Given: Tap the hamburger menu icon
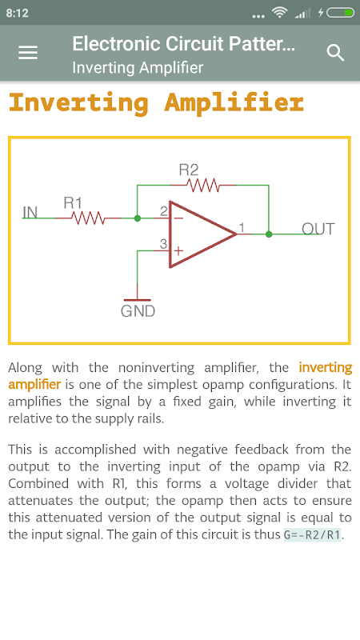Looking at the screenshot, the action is (x=28, y=53).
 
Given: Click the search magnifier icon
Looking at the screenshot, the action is (x=335, y=53).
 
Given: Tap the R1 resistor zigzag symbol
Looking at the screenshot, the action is (x=88, y=218).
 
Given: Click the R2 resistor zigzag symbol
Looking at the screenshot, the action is (x=203, y=186).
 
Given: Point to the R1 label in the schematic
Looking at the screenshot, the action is (x=73, y=203).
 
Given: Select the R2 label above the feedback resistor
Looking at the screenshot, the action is (x=189, y=170).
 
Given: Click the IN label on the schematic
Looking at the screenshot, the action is (x=30, y=212).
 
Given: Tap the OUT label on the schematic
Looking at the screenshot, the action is (x=318, y=229).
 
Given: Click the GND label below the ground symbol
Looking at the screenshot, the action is (x=138, y=311).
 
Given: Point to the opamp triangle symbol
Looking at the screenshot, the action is (x=203, y=234).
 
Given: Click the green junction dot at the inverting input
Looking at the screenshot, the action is (x=138, y=218).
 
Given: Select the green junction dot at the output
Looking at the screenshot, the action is (x=269, y=234).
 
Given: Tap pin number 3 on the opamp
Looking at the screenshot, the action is (x=163, y=244).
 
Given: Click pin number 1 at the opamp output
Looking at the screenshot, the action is (x=242, y=228).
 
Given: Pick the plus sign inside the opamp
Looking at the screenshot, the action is (x=178, y=250).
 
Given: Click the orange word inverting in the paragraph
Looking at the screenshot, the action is (x=326, y=367).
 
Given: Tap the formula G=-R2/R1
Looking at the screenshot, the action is (x=312, y=534).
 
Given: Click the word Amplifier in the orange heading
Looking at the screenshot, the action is (x=234, y=103).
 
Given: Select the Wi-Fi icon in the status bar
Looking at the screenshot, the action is (x=279, y=13).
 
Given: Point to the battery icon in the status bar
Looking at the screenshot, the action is (x=340, y=13).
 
